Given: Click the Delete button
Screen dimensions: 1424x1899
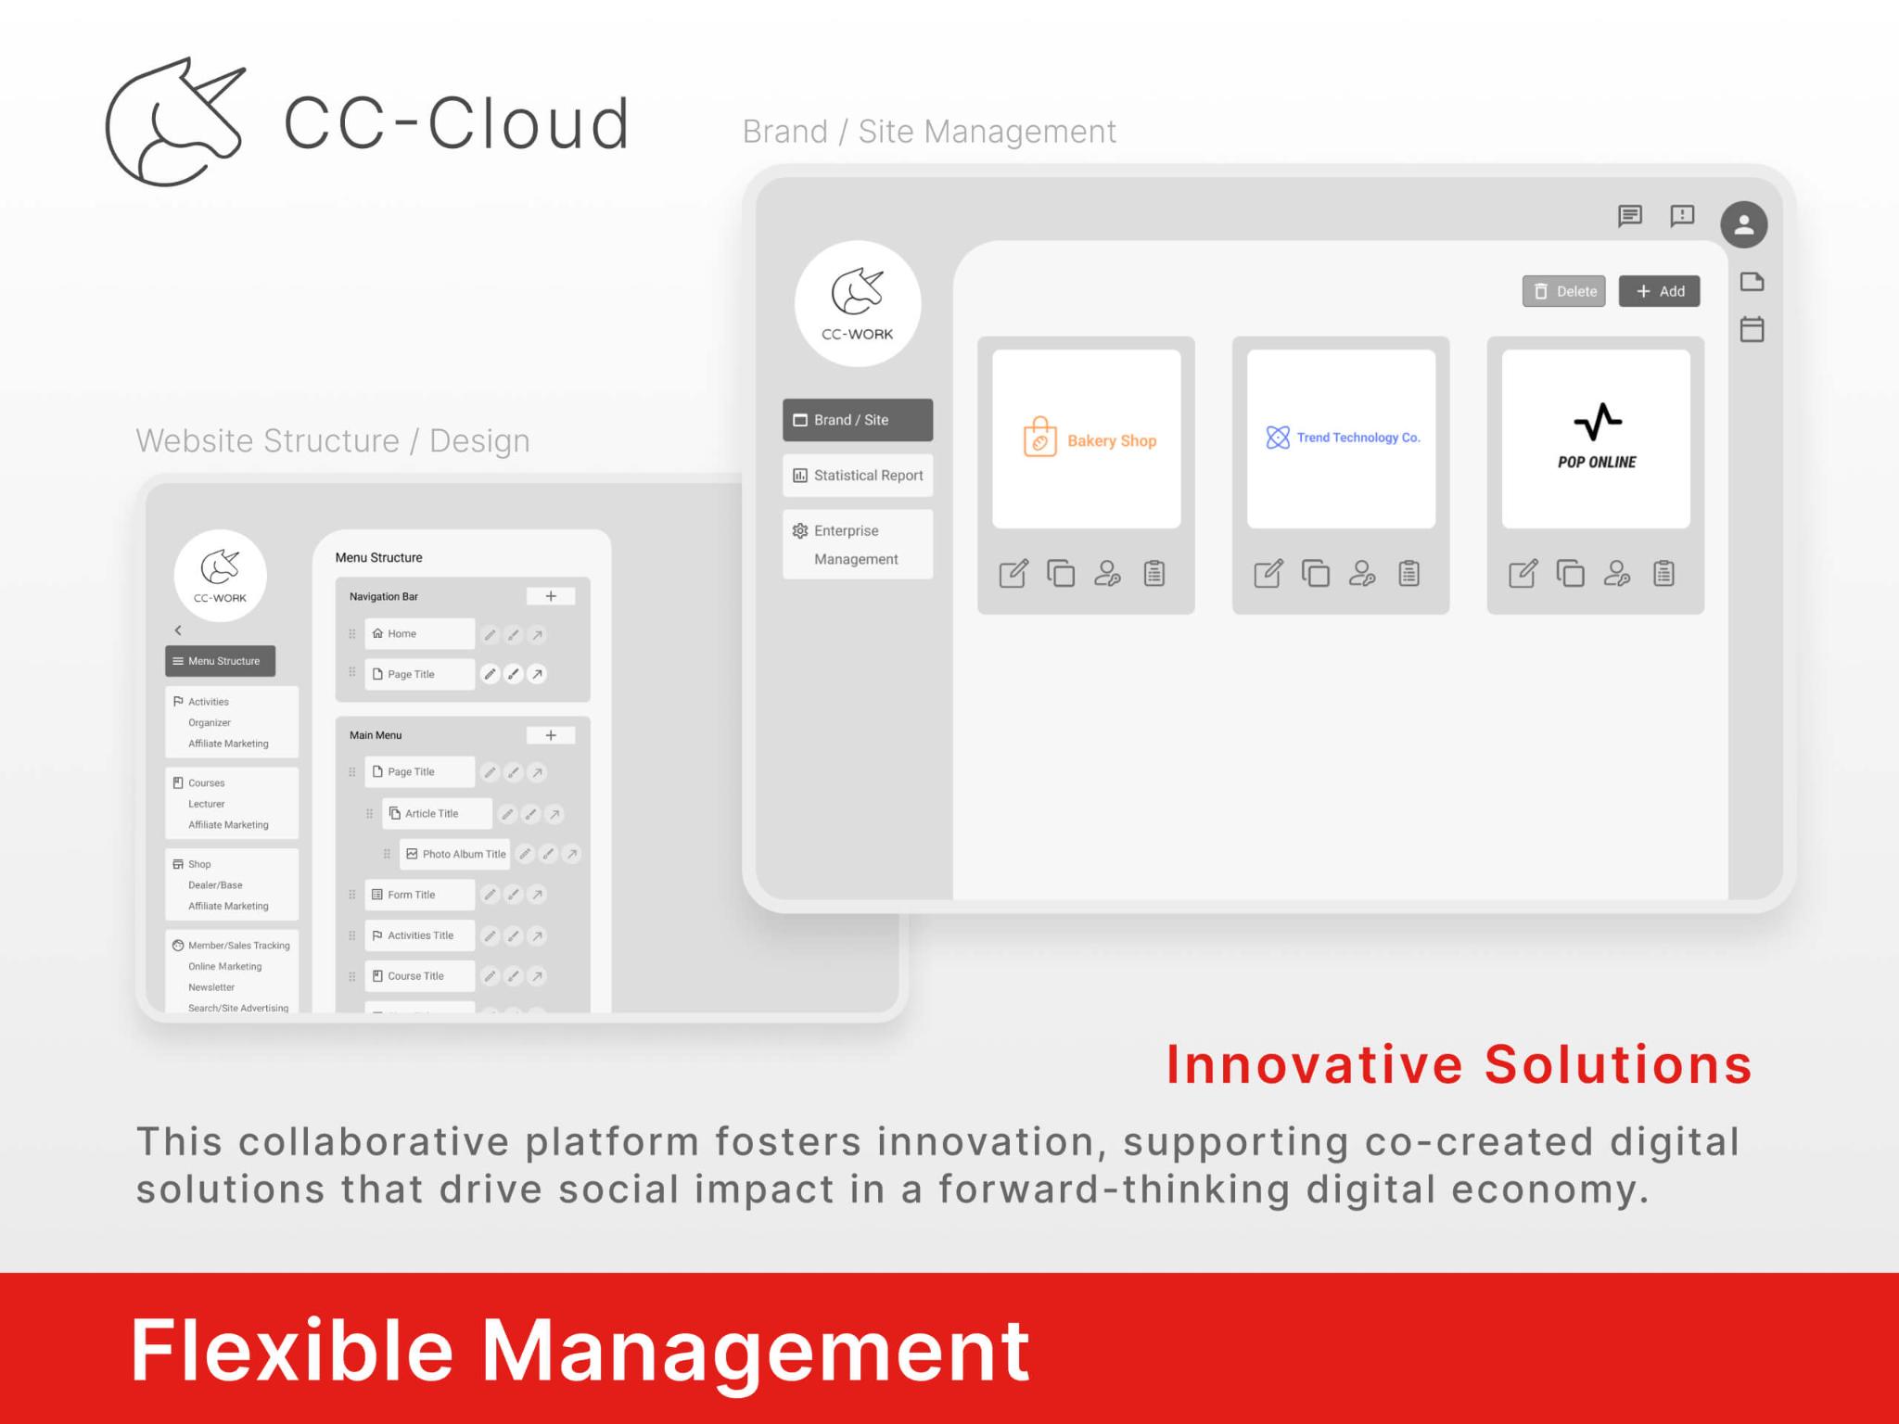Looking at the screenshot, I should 1563,291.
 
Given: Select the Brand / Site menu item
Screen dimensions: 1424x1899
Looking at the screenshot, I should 857,420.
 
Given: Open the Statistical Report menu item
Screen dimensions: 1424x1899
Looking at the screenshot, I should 857,476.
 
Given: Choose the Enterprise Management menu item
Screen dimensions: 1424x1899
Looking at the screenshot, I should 857,544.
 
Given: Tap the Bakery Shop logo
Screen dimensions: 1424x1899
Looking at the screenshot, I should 1087,439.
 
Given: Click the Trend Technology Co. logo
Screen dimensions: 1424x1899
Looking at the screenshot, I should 1341,438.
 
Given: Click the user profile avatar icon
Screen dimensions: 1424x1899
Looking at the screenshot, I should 1743,224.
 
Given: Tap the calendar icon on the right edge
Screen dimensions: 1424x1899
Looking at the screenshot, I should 1752,329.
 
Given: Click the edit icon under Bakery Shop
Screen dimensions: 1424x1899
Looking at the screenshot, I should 1013,574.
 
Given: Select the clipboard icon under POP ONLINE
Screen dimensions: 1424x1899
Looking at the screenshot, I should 1663,574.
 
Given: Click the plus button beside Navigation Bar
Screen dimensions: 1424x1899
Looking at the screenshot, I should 551,596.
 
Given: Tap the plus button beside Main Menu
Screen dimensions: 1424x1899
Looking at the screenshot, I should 551,735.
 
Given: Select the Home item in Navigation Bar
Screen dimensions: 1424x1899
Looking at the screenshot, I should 419,634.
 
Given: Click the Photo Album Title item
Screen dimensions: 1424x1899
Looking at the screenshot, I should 455,854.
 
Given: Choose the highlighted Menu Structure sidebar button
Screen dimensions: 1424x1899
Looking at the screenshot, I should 221,661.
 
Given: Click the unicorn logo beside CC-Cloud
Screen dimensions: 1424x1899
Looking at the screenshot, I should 175,121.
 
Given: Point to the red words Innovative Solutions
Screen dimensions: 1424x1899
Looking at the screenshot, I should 1459,1064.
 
